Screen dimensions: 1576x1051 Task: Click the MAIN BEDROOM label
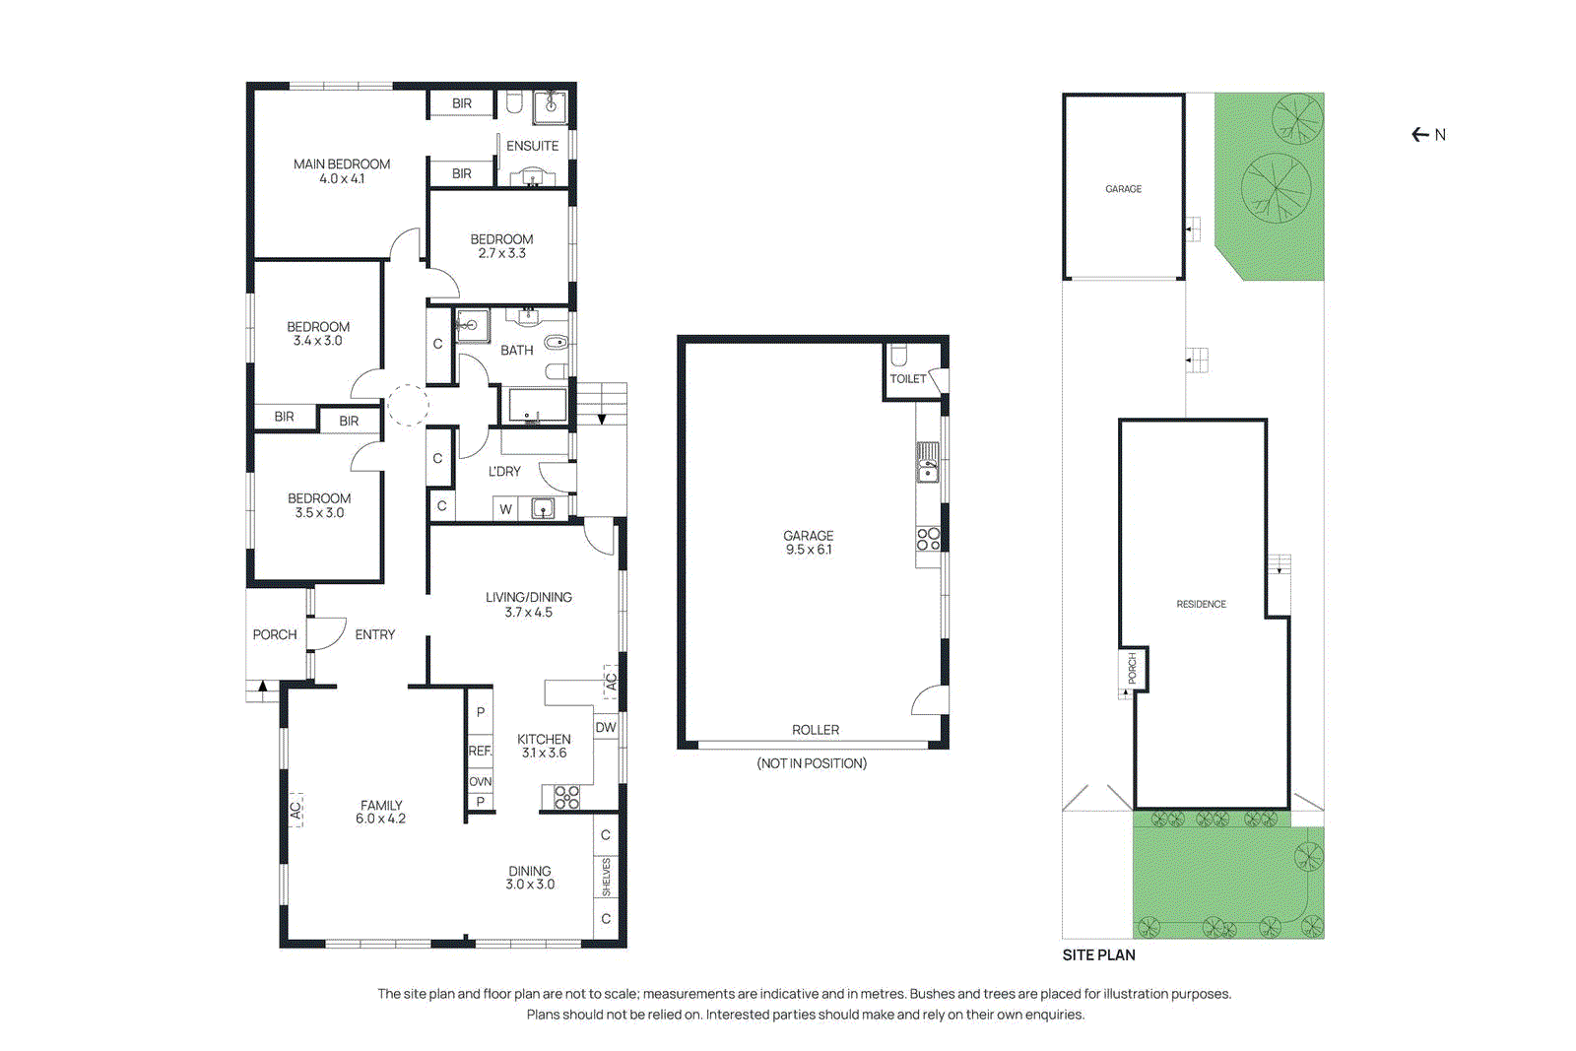(x=342, y=164)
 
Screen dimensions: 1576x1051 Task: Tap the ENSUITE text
(x=532, y=146)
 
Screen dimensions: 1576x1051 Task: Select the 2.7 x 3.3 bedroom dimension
(x=501, y=253)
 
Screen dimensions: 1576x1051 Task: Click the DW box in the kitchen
(x=605, y=727)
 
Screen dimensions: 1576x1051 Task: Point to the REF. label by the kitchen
(x=480, y=751)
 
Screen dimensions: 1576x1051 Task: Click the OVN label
(x=480, y=781)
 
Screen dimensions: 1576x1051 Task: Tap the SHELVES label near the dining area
(x=606, y=877)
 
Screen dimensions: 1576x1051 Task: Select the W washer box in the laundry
(x=505, y=509)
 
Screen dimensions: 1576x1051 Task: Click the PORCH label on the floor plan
(x=274, y=634)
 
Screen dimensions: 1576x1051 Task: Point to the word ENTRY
(x=374, y=634)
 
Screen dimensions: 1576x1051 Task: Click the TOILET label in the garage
(x=907, y=378)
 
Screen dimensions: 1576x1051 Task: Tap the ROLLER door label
(x=816, y=730)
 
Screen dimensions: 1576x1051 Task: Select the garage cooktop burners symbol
(x=928, y=539)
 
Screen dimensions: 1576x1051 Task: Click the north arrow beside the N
(x=1419, y=135)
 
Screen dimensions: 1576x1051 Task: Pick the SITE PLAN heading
(x=1098, y=954)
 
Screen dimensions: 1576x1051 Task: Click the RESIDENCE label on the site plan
(x=1201, y=604)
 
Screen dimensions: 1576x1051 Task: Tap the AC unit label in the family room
(x=295, y=810)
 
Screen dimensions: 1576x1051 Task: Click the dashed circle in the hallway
(x=407, y=405)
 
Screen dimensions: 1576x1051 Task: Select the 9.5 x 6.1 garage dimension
(x=808, y=550)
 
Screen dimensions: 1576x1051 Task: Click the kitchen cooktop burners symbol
(x=566, y=797)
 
